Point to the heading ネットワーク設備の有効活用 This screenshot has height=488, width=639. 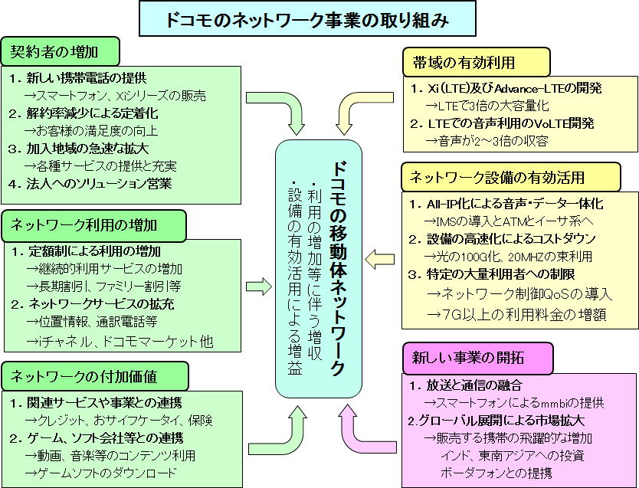tap(498, 178)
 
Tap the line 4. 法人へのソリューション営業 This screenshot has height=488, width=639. tap(90, 184)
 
